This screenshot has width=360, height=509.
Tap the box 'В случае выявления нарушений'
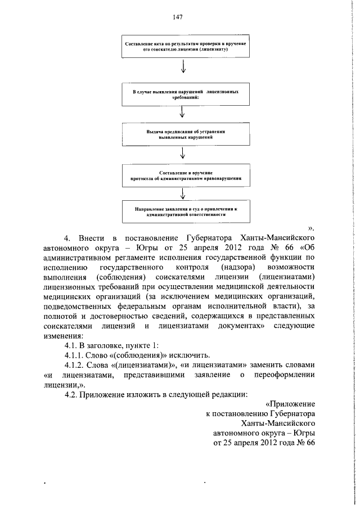(183, 93)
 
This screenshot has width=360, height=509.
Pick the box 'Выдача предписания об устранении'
(183, 134)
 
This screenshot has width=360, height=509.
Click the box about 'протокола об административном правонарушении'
(183, 174)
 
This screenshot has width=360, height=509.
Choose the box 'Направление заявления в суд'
(183, 211)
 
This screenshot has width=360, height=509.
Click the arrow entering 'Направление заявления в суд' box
(183, 193)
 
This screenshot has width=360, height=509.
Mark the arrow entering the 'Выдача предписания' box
(183, 114)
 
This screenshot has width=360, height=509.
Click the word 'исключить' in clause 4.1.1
(191, 355)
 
